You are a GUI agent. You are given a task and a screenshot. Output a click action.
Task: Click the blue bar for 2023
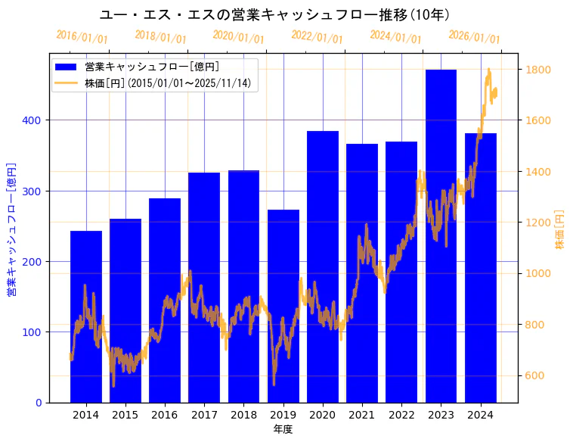point(441,235)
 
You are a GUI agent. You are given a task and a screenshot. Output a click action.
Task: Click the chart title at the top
point(275,15)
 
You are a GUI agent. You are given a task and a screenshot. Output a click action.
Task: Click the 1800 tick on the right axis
point(538,70)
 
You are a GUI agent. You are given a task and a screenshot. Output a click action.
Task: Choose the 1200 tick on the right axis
point(538,223)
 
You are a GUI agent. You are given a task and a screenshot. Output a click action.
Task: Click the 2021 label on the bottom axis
point(362,415)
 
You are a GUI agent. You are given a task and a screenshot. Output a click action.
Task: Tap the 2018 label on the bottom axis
point(243,415)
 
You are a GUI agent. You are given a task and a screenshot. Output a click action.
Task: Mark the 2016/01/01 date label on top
point(82,36)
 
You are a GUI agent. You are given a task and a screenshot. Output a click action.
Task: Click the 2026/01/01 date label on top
point(474,37)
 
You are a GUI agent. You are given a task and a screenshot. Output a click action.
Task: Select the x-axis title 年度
point(283,429)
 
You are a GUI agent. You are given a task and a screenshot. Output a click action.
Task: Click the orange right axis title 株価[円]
point(560,229)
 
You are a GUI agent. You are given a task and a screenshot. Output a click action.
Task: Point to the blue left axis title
point(11,229)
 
